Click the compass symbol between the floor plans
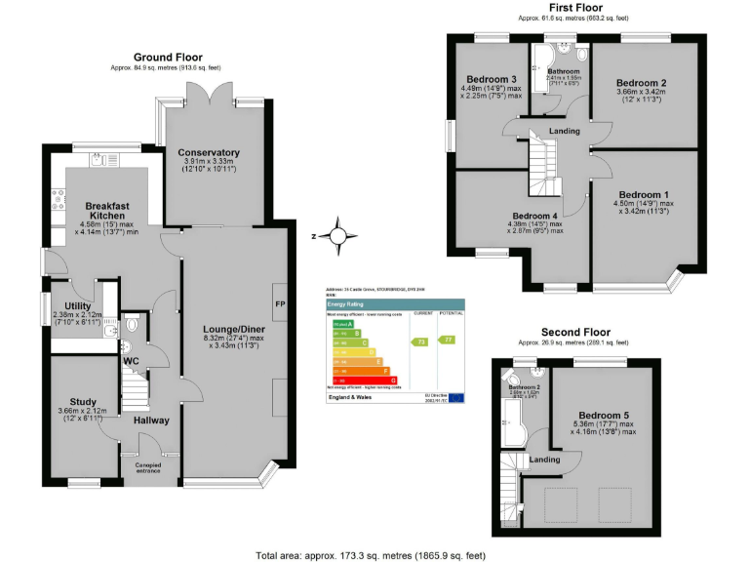point(336,235)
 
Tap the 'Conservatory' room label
point(209,152)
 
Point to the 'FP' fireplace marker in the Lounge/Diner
point(278,301)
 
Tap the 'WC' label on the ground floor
point(131,360)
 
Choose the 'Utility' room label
point(71,305)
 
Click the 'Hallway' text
point(151,421)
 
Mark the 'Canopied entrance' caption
point(142,469)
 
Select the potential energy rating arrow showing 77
point(449,339)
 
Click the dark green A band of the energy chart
point(339,325)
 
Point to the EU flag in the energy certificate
point(455,398)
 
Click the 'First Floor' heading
point(573,9)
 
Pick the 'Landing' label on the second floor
point(543,459)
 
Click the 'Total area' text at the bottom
point(370,554)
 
